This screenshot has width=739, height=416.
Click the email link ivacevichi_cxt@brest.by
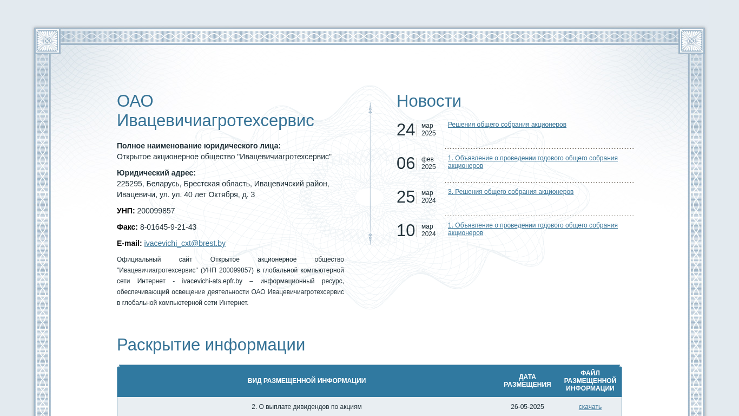point(184,243)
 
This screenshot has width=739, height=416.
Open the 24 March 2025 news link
point(507,125)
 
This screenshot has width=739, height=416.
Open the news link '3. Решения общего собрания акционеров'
point(510,192)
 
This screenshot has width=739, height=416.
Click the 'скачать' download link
point(590,407)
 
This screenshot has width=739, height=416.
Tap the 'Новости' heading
point(428,101)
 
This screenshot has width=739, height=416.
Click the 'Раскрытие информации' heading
point(211,345)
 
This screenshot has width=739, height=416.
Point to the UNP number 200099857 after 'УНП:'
point(156,211)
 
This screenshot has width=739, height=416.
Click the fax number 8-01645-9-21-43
point(168,227)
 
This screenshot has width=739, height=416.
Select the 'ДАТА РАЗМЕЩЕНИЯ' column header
point(527,381)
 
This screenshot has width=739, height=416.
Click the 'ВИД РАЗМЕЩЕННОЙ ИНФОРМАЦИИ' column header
point(306,381)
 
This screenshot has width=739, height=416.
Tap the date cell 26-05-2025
point(527,407)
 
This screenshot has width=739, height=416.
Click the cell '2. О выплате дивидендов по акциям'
point(306,407)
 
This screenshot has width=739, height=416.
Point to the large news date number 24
point(406,130)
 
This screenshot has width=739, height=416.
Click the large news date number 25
point(406,197)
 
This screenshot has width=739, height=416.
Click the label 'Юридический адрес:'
point(156,173)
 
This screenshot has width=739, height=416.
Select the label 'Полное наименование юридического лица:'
point(199,146)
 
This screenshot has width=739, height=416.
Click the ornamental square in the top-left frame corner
point(47,41)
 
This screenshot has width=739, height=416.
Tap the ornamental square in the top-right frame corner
point(691,41)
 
